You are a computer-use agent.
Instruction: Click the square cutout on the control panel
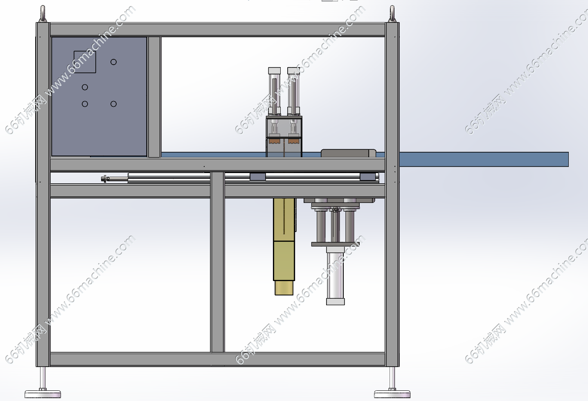(x=85, y=62)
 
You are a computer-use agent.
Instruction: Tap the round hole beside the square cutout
(x=113, y=62)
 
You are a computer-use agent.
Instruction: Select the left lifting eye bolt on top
(x=43, y=14)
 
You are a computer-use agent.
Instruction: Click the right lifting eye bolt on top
(x=392, y=14)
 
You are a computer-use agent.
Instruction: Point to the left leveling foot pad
(x=43, y=394)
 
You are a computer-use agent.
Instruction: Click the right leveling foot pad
(x=392, y=394)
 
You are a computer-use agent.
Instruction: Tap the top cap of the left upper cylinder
(x=274, y=71)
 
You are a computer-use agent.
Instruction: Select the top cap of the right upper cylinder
(x=293, y=71)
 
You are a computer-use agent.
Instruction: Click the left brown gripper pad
(x=274, y=141)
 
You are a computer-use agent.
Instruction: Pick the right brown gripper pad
(x=293, y=141)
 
